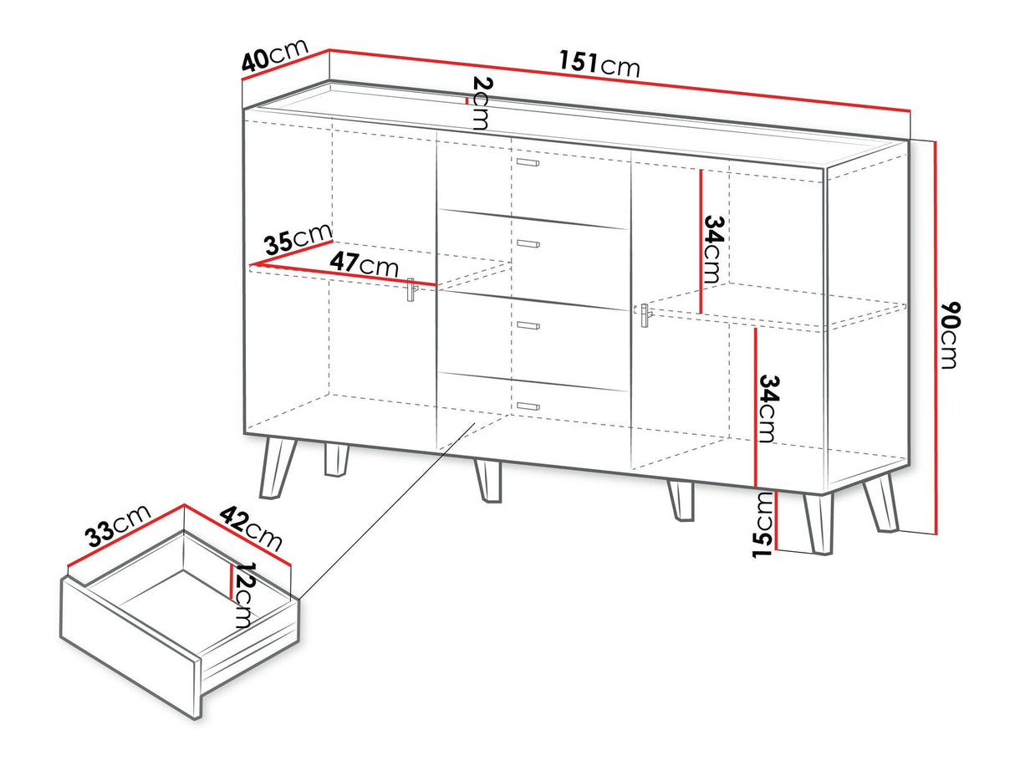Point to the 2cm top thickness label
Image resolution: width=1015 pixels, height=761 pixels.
click(479, 103)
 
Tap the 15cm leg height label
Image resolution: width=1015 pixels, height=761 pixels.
click(763, 524)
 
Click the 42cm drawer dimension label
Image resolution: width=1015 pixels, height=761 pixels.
click(252, 527)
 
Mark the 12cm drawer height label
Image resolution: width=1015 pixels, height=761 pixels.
click(243, 595)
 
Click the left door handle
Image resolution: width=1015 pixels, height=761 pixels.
click(411, 289)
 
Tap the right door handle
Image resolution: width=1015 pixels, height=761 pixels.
click(644, 317)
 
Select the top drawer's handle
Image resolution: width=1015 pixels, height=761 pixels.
click(528, 162)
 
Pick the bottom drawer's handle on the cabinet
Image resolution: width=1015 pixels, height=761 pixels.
click(528, 406)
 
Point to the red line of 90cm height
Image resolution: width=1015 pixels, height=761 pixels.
click(936, 335)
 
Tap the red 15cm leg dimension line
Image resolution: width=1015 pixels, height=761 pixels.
click(777, 520)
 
